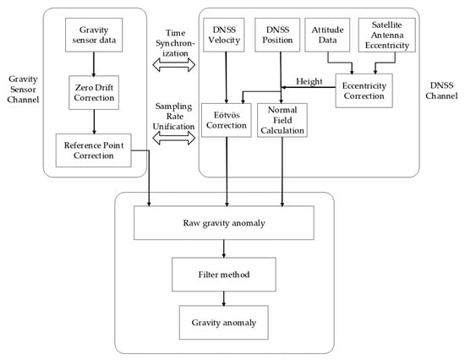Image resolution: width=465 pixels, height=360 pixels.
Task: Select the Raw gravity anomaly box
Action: pyautogui.click(x=224, y=223)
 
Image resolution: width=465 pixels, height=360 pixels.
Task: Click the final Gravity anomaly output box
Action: pyautogui.click(x=224, y=322)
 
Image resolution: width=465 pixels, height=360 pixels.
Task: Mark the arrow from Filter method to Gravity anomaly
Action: pyautogui.click(x=224, y=297)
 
